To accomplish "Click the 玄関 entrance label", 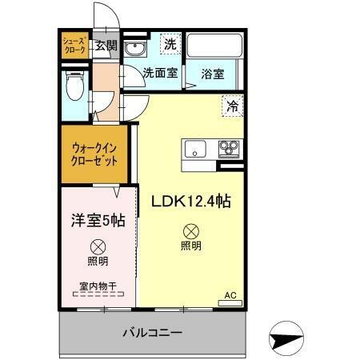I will pyautogui.click(x=106, y=45).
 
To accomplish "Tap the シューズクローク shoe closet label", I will pyautogui.click(x=76, y=45).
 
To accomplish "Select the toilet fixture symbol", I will pyautogui.click(x=76, y=86).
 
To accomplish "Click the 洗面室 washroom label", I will pyautogui.click(x=160, y=73).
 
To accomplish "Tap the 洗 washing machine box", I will pyautogui.click(x=170, y=45).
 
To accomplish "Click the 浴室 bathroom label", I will pyautogui.click(x=212, y=73).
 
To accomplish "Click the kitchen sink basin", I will pyautogui.click(x=195, y=149).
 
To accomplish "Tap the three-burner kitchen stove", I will pyautogui.click(x=230, y=148).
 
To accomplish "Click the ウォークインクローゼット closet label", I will pyautogui.click(x=95, y=152).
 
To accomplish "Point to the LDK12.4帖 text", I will pyautogui.click(x=191, y=201).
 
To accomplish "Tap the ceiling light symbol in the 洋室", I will pyautogui.click(x=97, y=246).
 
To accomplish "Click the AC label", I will pyautogui.click(x=230, y=295).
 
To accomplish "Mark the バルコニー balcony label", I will pyautogui.click(x=152, y=332).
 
